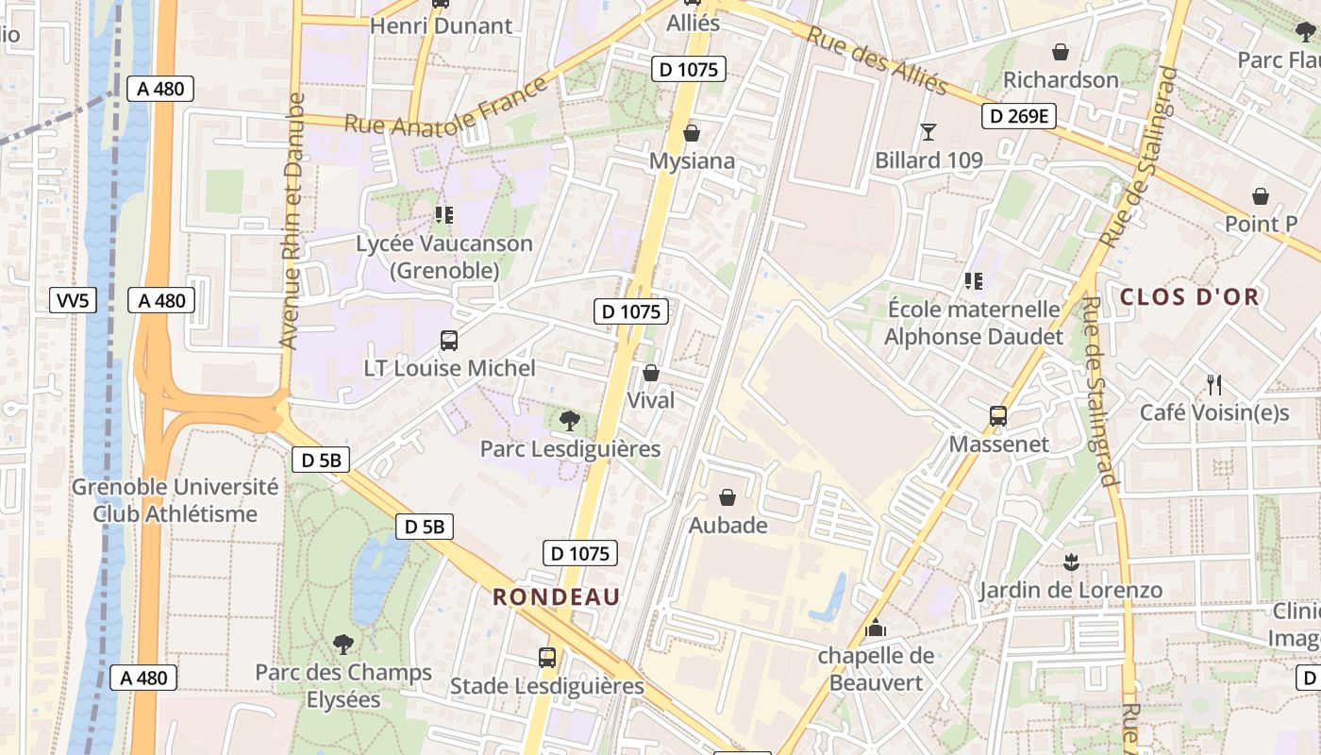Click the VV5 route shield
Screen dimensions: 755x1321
click(73, 301)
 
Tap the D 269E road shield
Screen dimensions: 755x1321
click(1018, 116)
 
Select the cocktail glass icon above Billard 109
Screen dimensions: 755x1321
click(928, 131)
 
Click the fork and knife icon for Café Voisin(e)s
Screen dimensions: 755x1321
click(1214, 384)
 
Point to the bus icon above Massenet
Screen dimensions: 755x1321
click(997, 415)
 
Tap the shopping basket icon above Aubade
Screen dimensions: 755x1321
click(727, 496)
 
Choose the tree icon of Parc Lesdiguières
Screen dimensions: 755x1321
click(569, 420)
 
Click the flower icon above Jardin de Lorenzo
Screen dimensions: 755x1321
click(1070, 562)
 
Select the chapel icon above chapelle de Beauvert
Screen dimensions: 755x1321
click(876, 627)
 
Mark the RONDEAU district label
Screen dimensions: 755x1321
click(557, 596)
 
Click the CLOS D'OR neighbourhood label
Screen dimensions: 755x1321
click(1189, 296)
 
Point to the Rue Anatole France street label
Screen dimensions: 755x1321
click(445, 109)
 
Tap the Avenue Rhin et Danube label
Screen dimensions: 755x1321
click(293, 221)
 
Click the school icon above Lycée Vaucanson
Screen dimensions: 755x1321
click(443, 215)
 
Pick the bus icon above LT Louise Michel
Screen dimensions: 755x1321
click(449, 340)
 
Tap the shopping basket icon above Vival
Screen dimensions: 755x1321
click(650, 373)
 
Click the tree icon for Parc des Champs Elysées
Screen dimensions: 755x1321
click(343, 644)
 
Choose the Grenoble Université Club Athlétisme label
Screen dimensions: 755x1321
click(176, 500)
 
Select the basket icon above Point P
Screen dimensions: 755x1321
click(1261, 196)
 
